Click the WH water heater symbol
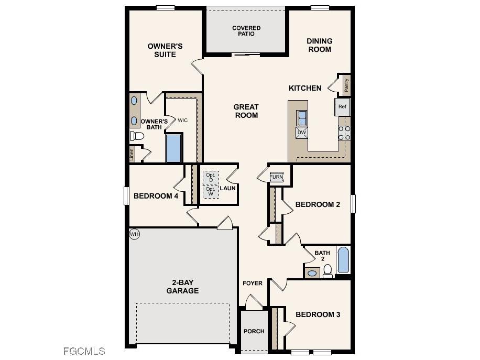134,234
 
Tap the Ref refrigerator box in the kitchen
342,107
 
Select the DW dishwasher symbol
301,133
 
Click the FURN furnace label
276,177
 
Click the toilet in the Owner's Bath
137,136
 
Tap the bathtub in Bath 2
343,260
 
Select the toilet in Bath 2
328,270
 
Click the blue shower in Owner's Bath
173,149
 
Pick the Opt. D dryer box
211,177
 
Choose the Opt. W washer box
211,191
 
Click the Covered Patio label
246,31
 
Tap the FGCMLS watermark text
84,351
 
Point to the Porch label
254,331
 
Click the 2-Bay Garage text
182,287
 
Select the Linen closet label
132,154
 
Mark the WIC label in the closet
182,121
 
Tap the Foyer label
253,283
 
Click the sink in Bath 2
312,273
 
